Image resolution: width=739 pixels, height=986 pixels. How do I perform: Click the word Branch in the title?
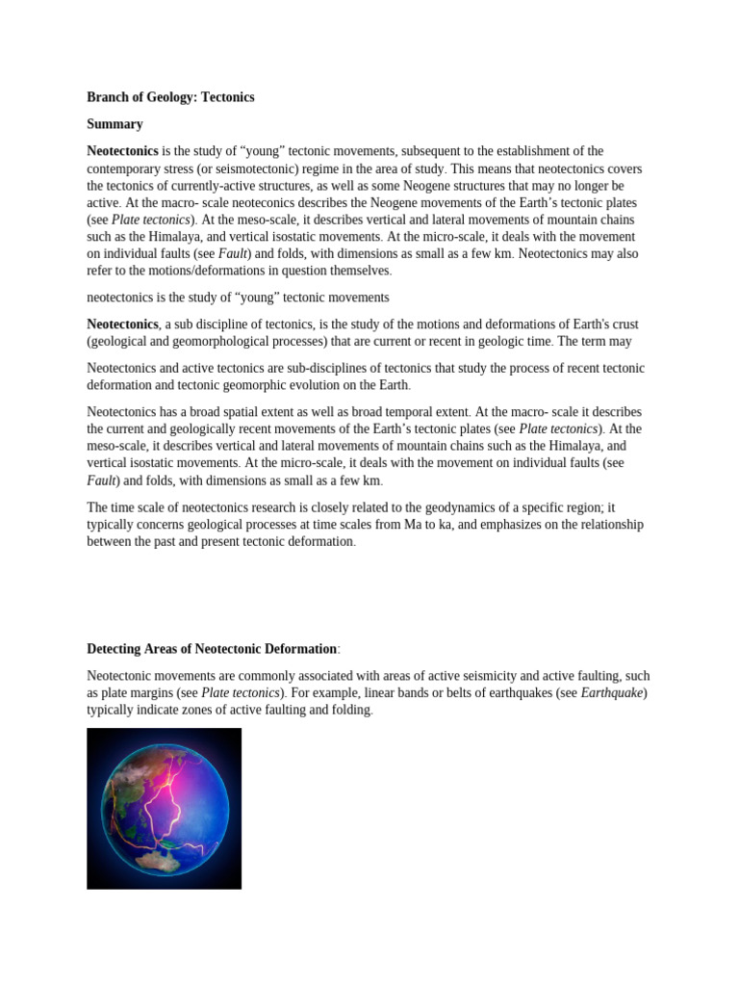[108, 97]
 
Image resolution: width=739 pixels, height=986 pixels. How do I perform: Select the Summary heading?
[115, 124]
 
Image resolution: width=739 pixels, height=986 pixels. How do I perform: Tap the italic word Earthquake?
[613, 693]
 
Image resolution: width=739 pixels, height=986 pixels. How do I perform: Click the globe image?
[164, 808]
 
